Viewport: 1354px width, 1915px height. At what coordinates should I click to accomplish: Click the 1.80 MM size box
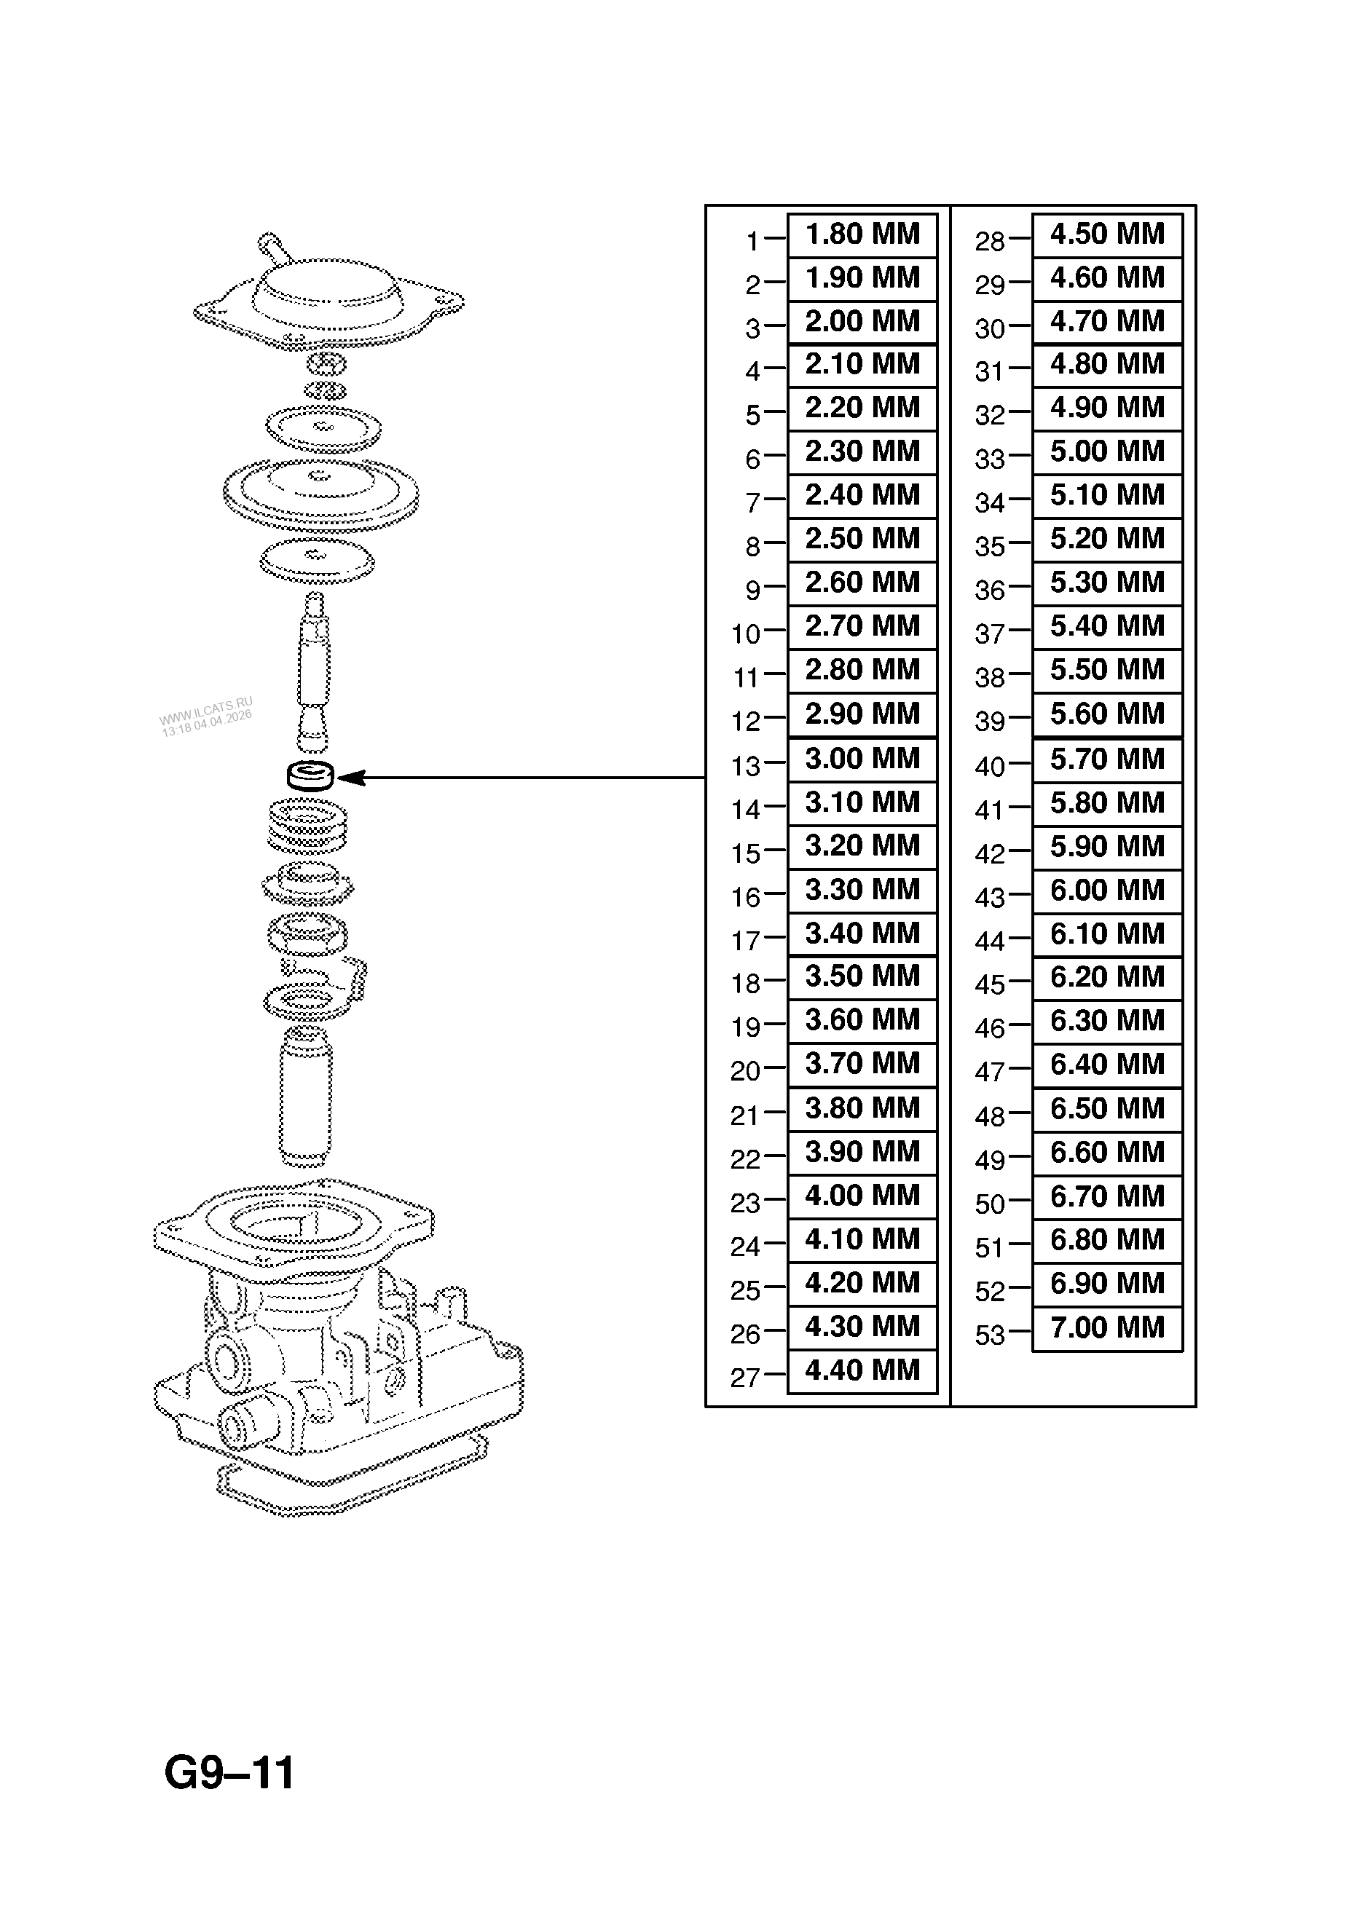pos(862,234)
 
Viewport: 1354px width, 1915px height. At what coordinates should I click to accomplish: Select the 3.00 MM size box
pos(862,759)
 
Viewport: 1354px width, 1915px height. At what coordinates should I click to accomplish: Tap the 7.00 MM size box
pos(1107,1328)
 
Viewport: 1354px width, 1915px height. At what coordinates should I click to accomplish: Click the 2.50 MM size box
pos(862,539)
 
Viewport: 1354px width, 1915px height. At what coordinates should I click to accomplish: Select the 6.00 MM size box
pos(1107,891)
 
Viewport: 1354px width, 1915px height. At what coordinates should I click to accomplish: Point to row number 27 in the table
pos(745,1378)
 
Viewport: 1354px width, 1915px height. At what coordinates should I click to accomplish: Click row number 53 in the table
pos(991,1335)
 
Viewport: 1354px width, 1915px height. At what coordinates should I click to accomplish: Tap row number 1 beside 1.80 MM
pos(752,242)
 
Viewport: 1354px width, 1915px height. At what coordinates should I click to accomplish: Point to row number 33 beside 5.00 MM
pos(991,459)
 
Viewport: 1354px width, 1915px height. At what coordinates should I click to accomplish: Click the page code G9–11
pos(229,1773)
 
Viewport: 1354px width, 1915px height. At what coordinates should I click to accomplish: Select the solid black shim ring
pos(310,775)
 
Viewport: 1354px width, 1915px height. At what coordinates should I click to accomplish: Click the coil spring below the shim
pos(309,826)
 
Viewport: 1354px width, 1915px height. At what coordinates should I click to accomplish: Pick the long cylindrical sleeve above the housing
pos(305,1096)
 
